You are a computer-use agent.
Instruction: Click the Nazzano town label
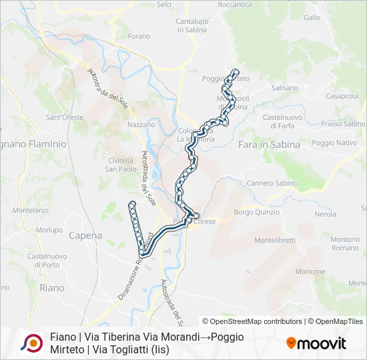(141, 125)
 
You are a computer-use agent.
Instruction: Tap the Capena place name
(85, 235)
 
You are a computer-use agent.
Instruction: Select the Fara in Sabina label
(269, 144)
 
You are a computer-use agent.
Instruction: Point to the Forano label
(139, 36)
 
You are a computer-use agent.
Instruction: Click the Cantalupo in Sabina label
(193, 25)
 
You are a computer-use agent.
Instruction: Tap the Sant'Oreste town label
(65, 117)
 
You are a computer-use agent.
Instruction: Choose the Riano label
(52, 288)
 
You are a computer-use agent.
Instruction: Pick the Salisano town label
(285, 87)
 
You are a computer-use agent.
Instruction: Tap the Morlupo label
(49, 230)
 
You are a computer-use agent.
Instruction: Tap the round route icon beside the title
(31, 343)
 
